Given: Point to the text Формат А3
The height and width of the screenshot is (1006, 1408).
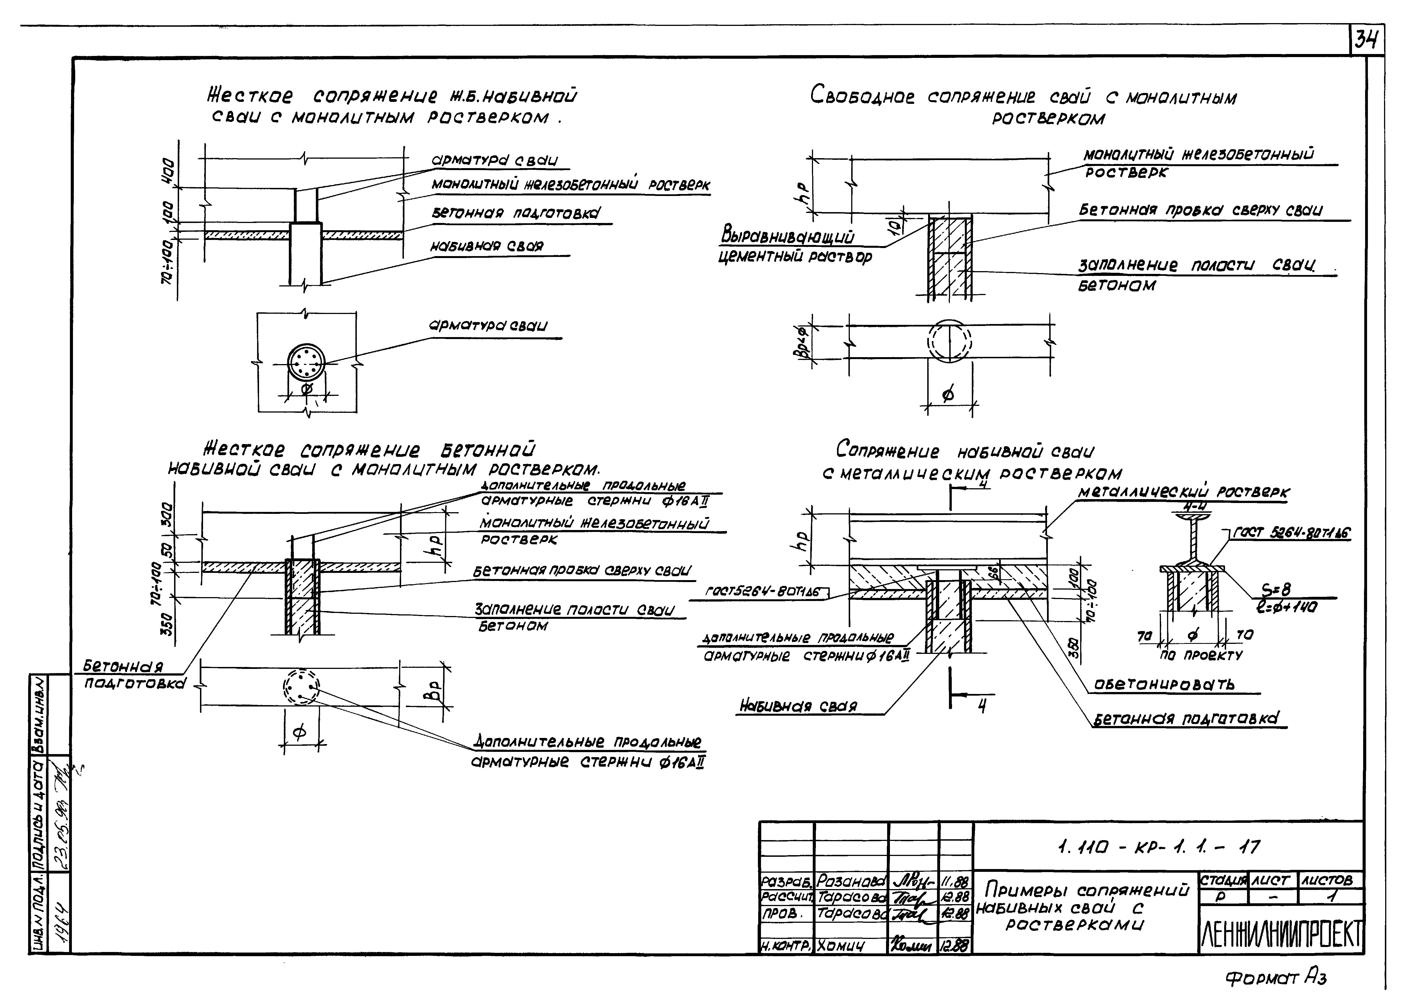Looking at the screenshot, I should click(1275, 977).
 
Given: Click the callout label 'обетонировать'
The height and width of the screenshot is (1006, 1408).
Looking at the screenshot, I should click(1164, 684).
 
